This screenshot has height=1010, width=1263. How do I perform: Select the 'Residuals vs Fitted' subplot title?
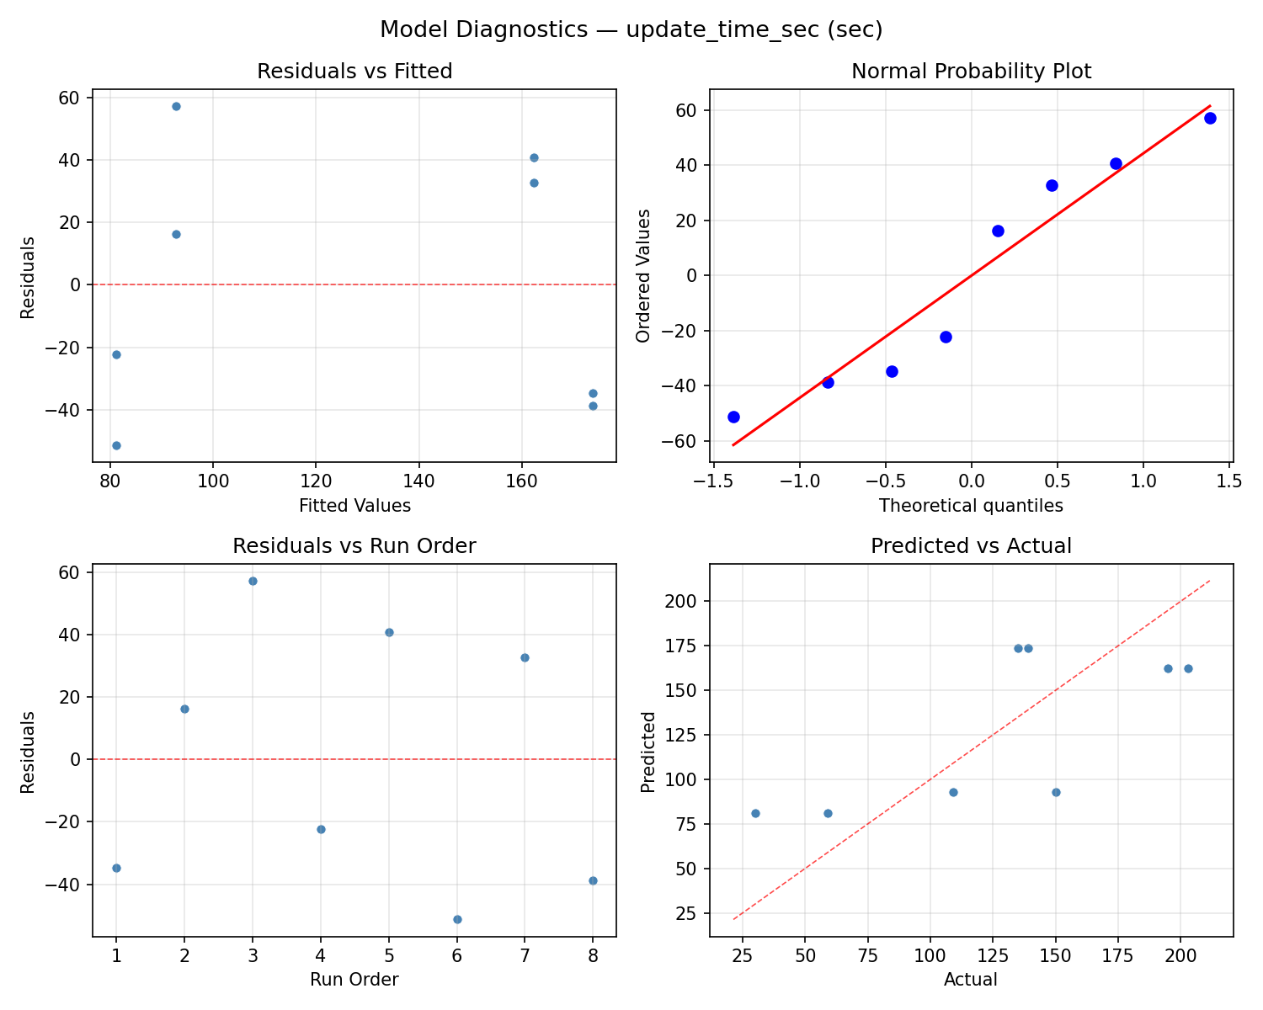pyautogui.click(x=354, y=72)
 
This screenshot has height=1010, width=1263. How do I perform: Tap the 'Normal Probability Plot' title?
pyautogui.click(x=971, y=72)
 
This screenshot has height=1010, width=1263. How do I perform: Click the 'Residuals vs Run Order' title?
pyautogui.click(x=354, y=546)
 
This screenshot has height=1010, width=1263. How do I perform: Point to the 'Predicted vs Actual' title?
pyautogui.click(x=971, y=546)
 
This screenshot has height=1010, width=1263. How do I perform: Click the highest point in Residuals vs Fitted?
pyautogui.click(x=176, y=106)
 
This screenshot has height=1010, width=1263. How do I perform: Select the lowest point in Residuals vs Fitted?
pyautogui.click(x=116, y=445)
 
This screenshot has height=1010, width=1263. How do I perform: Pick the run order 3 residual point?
pyautogui.click(x=253, y=581)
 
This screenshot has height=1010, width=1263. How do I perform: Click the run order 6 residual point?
pyautogui.click(x=457, y=919)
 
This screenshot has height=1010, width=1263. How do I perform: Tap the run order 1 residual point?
pyautogui.click(x=116, y=868)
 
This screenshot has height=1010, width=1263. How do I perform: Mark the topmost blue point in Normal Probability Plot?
pyautogui.click(x=1210, y=118)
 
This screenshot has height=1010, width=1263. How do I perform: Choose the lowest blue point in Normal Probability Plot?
pyautogui.click(x=733, y=417)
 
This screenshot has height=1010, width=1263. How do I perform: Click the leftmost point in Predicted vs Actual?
pyautogui.click(x=755, y=813)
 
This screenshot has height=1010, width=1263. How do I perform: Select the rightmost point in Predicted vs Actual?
pyautogui.click(x=1188, y=668)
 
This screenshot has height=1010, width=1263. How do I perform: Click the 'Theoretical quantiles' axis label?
pyautogui.click(x=971, y=506)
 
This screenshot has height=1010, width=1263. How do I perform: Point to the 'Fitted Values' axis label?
pyautogui.click(x=354, y=506)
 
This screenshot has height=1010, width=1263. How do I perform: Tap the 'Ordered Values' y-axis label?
pyautogui.click(x=644, y=275)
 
